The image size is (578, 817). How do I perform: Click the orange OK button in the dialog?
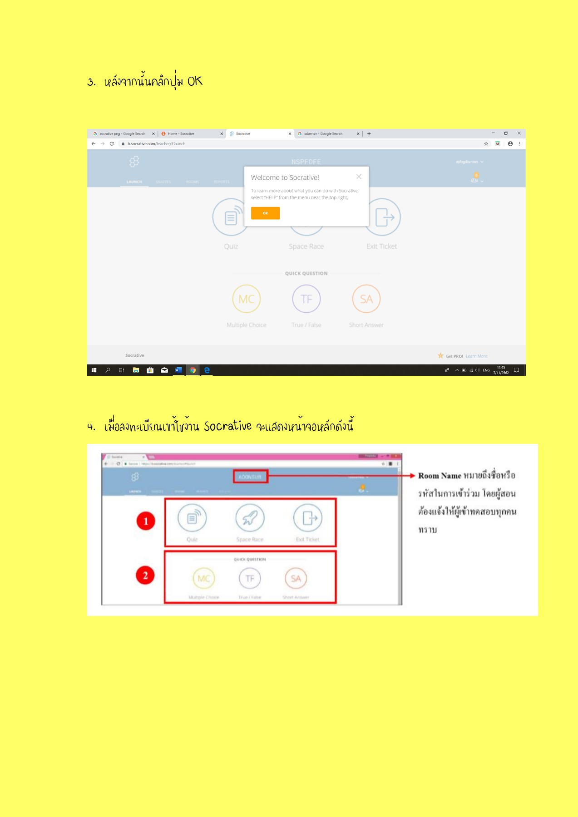(x=265, y=213)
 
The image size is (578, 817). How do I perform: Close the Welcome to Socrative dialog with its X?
(x=359, y=177)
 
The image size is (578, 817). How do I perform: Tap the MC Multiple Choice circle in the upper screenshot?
(x=247, y=299)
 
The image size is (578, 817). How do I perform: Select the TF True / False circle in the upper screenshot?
(x=306, y=299)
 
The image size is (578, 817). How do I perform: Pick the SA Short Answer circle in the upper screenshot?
(x=366, y=299)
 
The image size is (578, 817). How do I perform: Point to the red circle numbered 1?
(x=146, y=521)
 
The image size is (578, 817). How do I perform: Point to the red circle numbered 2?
(x=145, y=576)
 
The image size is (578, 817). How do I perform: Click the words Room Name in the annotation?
(x=440, y=476)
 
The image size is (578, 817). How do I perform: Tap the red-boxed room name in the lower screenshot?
(x=250, y=477)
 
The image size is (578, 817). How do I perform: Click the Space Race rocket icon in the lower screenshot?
(x=250, y=518)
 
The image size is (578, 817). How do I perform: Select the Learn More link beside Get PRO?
(x=476, y=356)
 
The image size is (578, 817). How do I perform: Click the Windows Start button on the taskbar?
(x=94, y=370)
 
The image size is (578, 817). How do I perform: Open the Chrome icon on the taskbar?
(x=193, y=370)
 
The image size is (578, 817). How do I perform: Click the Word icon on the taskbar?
(x=178, y=370)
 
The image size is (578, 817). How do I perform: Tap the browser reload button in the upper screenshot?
(x=112, y=144)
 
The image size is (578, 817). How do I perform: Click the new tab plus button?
(x=369, y=134)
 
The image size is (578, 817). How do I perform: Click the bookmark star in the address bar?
(x=486, y=144)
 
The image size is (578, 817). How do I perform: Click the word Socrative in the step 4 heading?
(x=227, y=426)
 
